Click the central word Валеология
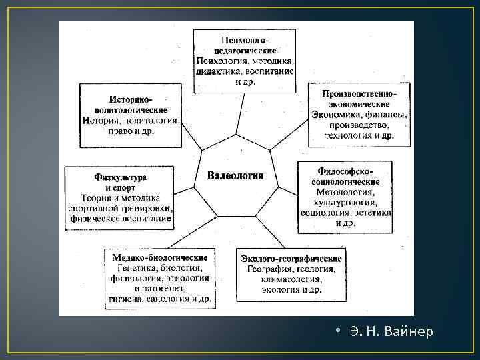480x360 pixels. pos(235,176)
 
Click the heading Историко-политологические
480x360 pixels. pos(131,103)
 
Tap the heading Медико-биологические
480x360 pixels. pos(159,257)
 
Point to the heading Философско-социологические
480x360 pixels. pos(345,176)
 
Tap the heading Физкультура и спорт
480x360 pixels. pos(121,183)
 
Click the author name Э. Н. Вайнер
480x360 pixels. pos(391,331)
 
